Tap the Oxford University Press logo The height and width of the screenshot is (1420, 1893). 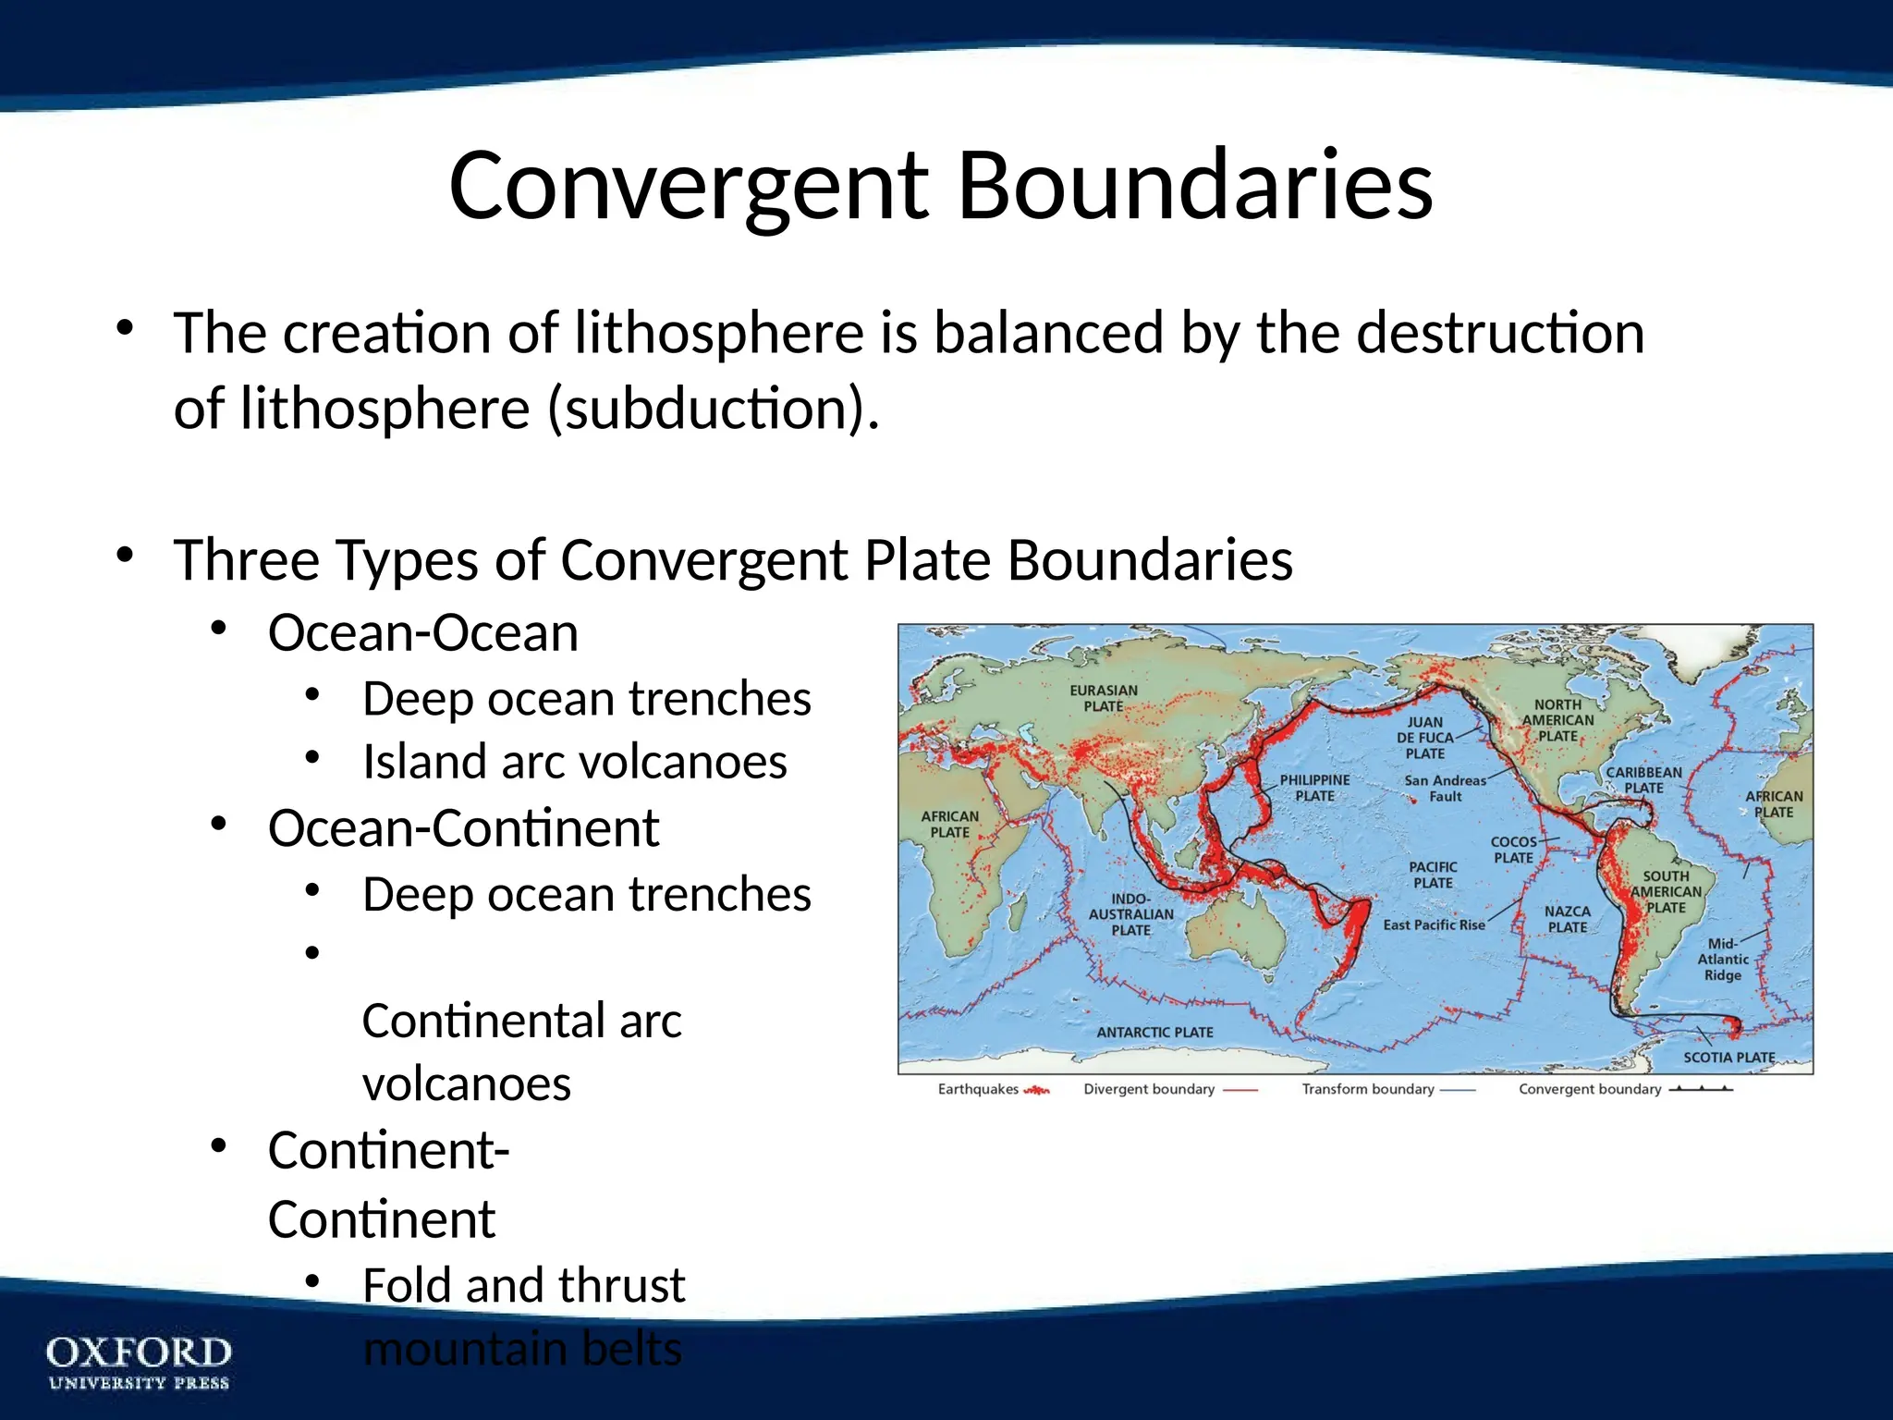point(139,1361)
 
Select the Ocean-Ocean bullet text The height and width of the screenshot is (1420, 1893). point(423,633)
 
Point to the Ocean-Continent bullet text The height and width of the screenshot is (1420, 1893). point(463,827)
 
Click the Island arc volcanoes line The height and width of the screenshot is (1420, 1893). point(574,762)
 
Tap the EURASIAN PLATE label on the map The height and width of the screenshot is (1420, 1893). point(1104,698)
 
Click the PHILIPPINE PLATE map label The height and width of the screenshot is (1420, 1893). point(1314,788)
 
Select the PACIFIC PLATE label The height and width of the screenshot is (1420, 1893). point(1433,875)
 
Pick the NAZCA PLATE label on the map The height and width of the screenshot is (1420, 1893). point(1568,919)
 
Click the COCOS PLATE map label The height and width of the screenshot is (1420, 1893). point(1513,850)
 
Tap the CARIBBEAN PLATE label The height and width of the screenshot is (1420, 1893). point(1643,779)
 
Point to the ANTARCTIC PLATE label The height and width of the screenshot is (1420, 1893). point(1154,1032)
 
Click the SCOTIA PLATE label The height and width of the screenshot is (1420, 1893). point(1728,1057)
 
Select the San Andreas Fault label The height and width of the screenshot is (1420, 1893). point(1445,788)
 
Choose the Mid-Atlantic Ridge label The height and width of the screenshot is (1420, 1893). point(1723,959)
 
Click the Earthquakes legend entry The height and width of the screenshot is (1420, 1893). point(993,1089)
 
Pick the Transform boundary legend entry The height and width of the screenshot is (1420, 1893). point(1386,1089)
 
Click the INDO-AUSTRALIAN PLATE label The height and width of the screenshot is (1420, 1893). point(1130,914)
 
